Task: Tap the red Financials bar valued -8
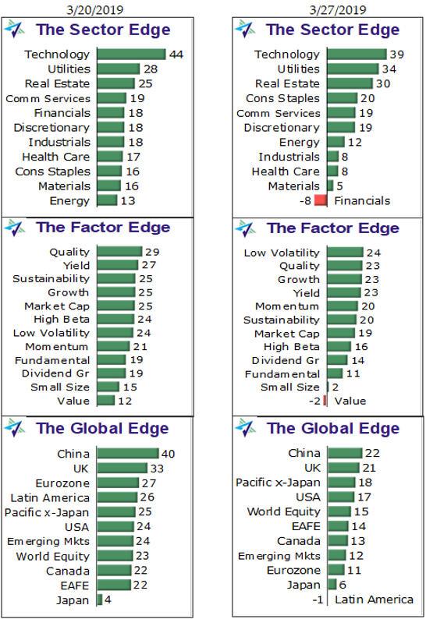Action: coord(320,200)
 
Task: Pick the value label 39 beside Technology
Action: coord(397,55)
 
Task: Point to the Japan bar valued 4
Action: coord(99,600)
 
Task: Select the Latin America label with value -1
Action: coord(374,600)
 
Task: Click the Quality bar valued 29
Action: coord(119,252)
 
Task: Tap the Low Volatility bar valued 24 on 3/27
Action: coord(345,253)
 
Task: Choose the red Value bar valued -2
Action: coord(325,401)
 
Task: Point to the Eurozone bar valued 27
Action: coord(117,483)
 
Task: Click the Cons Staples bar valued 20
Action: coord(342,98)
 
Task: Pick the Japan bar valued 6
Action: coord(332,585)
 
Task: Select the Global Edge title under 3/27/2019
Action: coord(333,429)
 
